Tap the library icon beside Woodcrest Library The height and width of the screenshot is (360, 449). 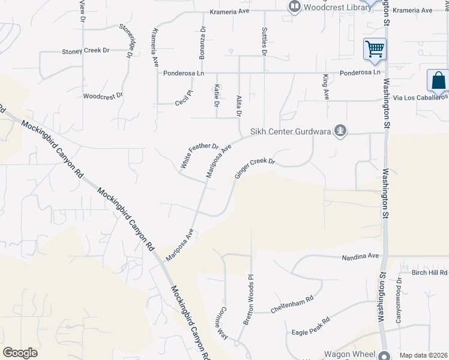[294, 7]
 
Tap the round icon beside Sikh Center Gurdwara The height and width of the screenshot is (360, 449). [340, 130]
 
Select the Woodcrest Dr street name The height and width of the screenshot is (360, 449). [103, 95]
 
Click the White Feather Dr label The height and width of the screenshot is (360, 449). [200, 155]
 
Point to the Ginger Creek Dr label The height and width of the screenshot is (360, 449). [255, 169]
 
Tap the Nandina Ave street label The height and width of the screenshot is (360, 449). [360, 256]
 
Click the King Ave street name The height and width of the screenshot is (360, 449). [326, 86]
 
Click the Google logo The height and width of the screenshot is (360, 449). [20, 353]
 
